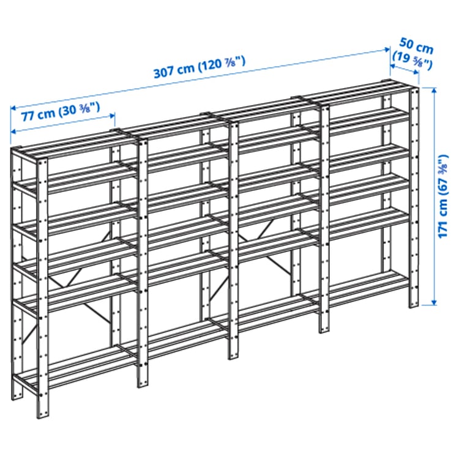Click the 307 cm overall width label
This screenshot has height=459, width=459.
(199, 69)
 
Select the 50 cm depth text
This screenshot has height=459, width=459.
(416, 45)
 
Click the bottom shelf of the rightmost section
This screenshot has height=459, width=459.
(367, 288)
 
